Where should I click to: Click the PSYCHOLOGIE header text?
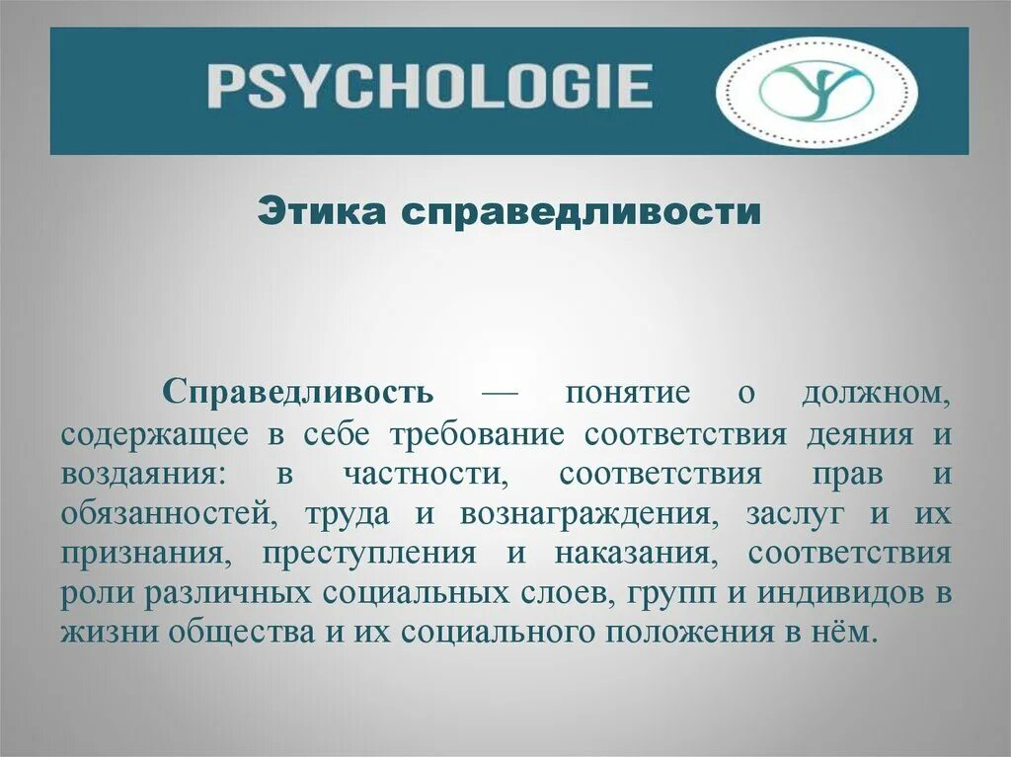429,86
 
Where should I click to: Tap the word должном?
877,392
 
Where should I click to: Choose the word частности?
426,473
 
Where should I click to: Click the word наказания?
629,553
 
